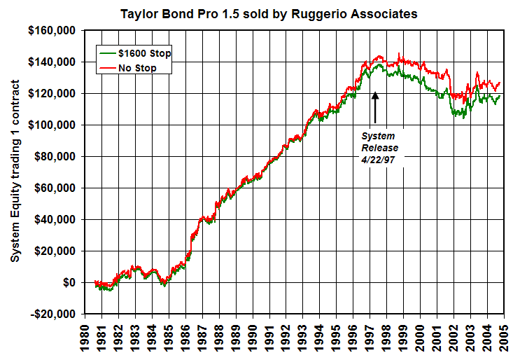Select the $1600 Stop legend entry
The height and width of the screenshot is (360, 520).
(136, 53)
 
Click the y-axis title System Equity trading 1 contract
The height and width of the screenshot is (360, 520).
(15, 172)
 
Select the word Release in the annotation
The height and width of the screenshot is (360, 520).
(379, 147)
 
